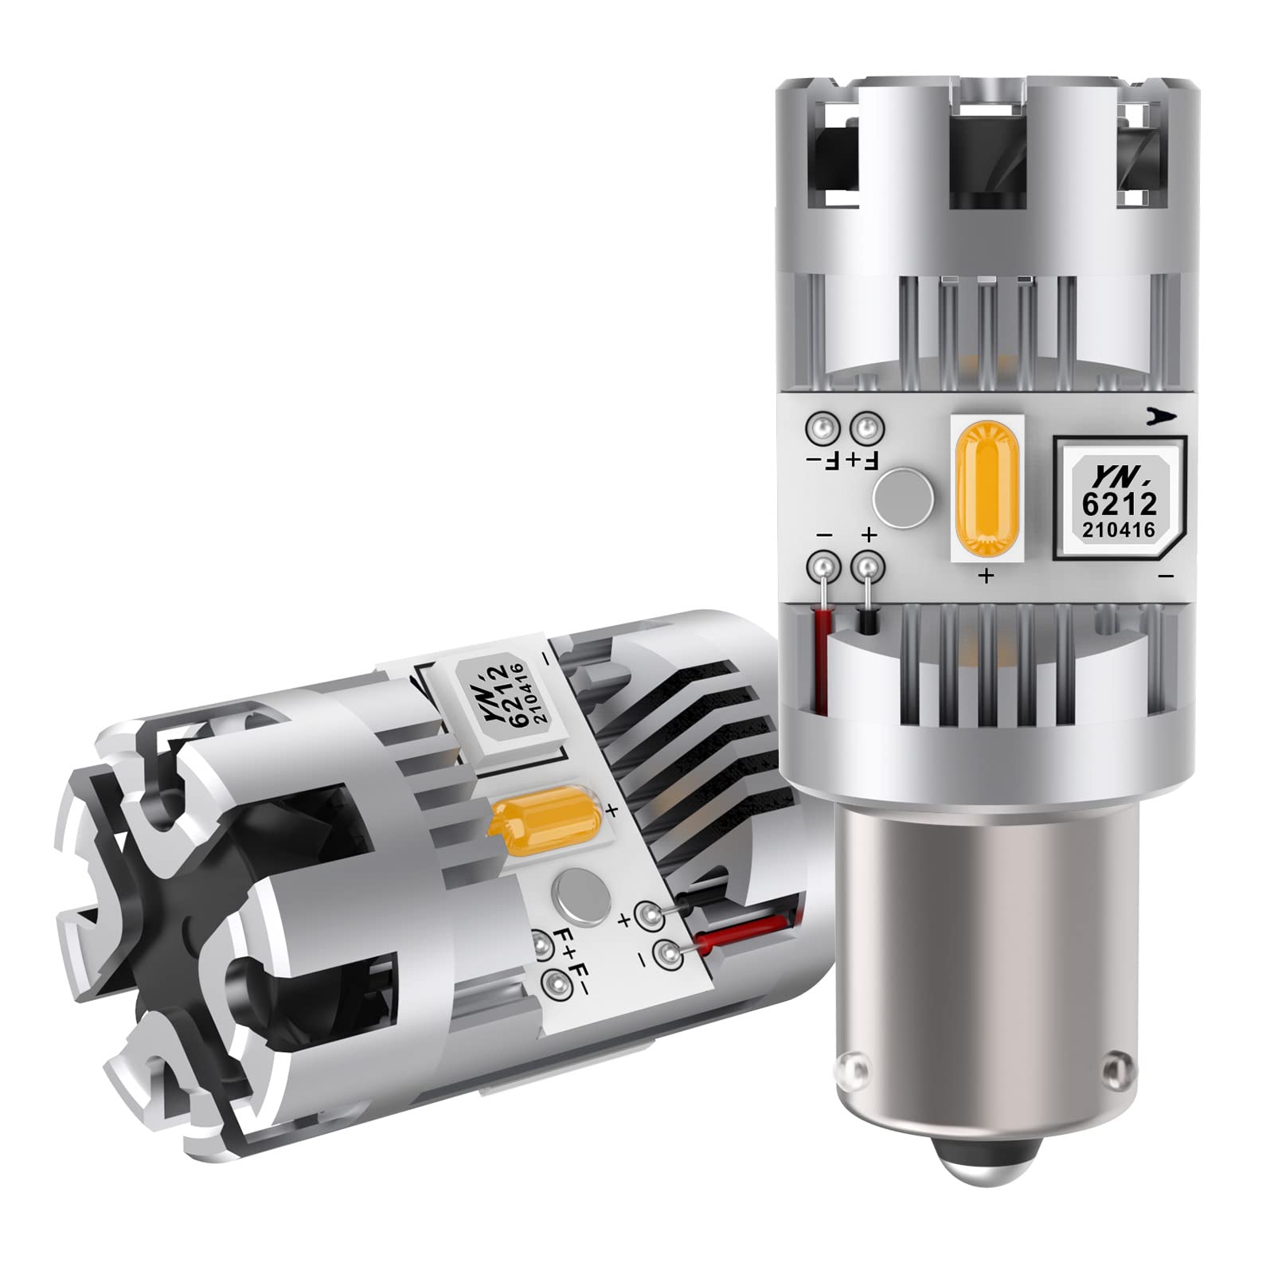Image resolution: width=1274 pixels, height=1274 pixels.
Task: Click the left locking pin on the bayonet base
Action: pos(854,1065)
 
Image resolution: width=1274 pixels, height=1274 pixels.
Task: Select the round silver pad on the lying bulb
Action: pos(576,892)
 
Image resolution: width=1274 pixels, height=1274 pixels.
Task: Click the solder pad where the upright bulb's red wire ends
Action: pos(822,568)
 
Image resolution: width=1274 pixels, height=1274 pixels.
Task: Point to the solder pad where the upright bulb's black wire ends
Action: pos(868,568)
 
